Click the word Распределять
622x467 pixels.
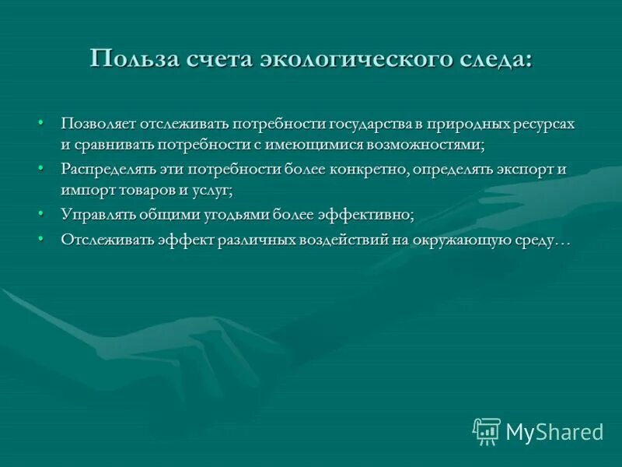(x=108, y=169)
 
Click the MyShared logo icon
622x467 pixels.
(x=486, y=431)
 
